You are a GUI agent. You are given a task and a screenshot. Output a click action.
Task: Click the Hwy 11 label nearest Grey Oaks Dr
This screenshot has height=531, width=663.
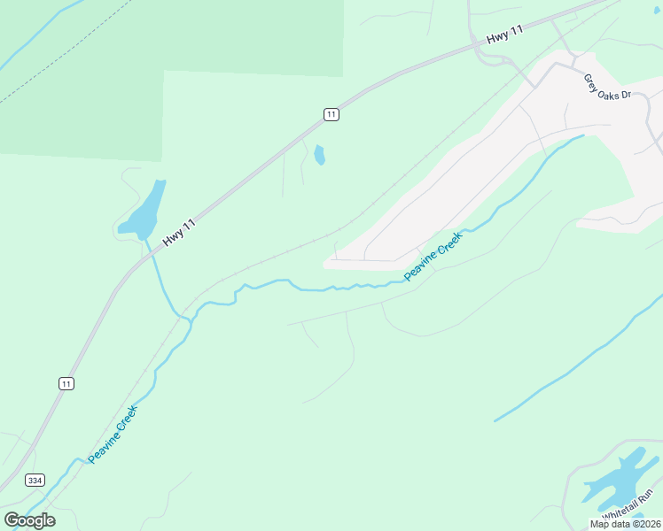(x=505, y=36)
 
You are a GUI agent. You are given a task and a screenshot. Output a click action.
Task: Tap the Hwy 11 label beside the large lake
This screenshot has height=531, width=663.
(x=179, y=234)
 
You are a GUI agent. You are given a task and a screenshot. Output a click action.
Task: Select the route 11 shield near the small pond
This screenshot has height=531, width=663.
(x=330, y=114)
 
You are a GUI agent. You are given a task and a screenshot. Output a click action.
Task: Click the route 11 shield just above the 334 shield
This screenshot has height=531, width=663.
(x=66, y=383)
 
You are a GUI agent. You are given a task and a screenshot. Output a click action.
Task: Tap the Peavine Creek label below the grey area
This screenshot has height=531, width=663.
(x=433, y=257)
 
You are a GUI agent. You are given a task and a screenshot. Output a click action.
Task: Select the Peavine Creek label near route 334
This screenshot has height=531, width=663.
(x=113, y=435)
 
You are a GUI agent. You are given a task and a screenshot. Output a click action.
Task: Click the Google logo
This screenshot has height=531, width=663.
(x=29, y=519)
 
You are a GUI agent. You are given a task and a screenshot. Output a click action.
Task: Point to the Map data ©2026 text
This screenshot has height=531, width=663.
(x=625, y=524)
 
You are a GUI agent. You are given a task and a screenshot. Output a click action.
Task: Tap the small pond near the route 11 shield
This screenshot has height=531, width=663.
(x=319, y=156)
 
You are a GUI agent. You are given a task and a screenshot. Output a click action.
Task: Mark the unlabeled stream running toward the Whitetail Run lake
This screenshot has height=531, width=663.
(x=576, y=359)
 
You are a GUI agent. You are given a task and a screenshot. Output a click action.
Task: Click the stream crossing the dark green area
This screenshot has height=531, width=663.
(x=35, y=35)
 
